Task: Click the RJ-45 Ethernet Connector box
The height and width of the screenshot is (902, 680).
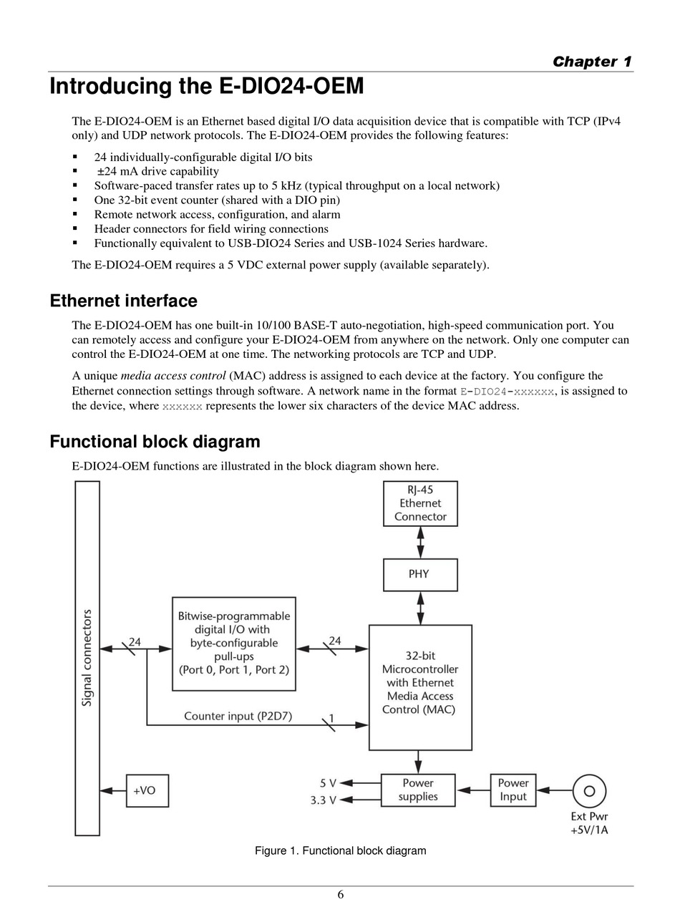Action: coord(420,503)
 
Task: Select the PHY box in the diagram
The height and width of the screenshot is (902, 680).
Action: coord(420,574)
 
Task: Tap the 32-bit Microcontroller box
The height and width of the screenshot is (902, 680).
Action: coord(420,687)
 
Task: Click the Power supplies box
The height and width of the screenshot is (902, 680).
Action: coord(418,790)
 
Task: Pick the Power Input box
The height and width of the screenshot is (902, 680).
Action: coord(513,790)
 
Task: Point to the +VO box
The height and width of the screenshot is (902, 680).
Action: coord(147,790)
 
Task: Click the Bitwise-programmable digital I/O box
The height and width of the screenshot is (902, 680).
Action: coord(234,643)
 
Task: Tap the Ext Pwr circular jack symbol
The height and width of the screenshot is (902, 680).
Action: coord(589,791)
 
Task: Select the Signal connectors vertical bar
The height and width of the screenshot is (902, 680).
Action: coord(87,658)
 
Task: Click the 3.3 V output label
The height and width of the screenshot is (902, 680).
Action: coord(324,800)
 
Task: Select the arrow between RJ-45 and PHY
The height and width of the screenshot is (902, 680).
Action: coord(420,542)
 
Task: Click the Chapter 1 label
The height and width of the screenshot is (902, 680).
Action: coord(592,62)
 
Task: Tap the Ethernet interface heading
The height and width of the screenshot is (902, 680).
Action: coord(123,301)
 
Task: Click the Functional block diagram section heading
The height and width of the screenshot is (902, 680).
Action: coord(155,442)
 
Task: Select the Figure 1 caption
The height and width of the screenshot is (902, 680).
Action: coord(340,851)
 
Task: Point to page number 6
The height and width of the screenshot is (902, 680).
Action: coord(341,894)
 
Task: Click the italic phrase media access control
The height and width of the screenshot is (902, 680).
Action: coord(174,376)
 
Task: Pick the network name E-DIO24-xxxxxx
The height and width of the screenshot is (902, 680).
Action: coord(507,392)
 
